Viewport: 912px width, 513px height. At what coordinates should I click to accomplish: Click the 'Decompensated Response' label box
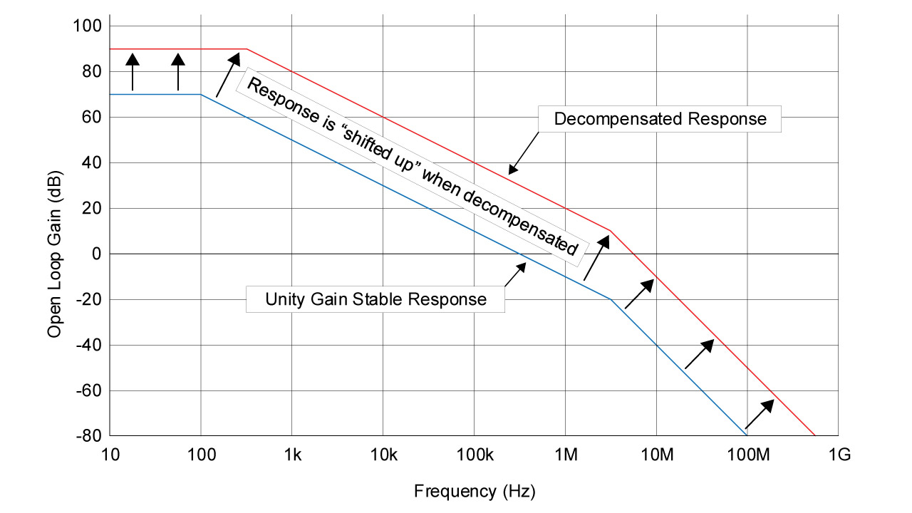click(x=660, y=119)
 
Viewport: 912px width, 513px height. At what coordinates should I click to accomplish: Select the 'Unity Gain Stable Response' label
click(x=375, y=299)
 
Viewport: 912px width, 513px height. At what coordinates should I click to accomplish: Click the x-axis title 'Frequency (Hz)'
click(x=474, y=491)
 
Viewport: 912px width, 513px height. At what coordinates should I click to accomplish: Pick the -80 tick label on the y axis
click(x=88, y=436)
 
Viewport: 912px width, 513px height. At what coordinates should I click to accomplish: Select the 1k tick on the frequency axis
click(x=292, y=455)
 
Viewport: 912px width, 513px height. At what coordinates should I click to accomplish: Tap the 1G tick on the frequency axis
click(x=838, y=455)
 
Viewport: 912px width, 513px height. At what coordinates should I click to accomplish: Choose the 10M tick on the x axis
click(x=656, y=455)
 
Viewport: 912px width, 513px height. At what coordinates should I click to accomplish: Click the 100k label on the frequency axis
click(x=474, y=455)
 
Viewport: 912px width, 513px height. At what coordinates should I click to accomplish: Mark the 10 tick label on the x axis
click(x=110, y=455)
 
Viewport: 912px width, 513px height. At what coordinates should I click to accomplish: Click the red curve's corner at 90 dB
click(x=247, y=49)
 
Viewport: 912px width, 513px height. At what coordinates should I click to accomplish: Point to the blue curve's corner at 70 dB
click(x=201, y=95)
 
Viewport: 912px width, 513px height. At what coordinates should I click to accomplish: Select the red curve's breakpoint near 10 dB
click(x=611, y=231)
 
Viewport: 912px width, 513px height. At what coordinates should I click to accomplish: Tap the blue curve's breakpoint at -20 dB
click(x=611, y=299)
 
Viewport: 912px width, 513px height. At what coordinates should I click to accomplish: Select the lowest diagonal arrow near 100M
click(x=760, y=414)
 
